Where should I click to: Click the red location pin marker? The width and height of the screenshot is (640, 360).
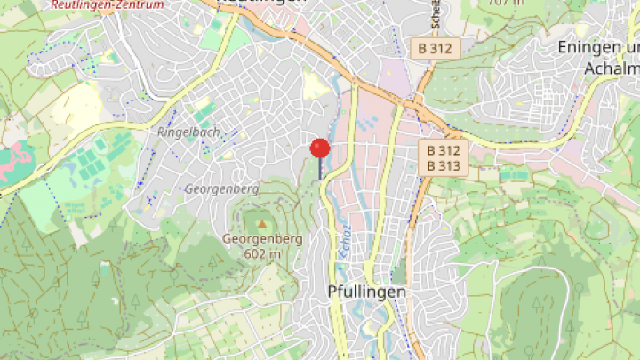[x=320, y=148]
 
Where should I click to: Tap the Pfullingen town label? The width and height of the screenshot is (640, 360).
[x=366, y=292]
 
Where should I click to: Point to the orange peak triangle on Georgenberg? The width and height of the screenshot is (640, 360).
[x=261, y=223]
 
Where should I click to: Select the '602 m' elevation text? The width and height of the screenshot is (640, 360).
[x=262, y=253]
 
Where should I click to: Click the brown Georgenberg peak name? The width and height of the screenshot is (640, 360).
[x=262, y=239]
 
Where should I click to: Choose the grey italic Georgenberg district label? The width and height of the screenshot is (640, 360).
[x=221, y=189]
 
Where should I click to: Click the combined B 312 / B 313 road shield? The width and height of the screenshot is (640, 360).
[x=443, y=157]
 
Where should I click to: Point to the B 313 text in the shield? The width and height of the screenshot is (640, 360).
[x=443, y=165]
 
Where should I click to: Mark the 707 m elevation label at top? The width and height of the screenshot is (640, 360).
[x=507, y=3]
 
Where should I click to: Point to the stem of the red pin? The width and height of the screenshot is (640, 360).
[x=320, y=169]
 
